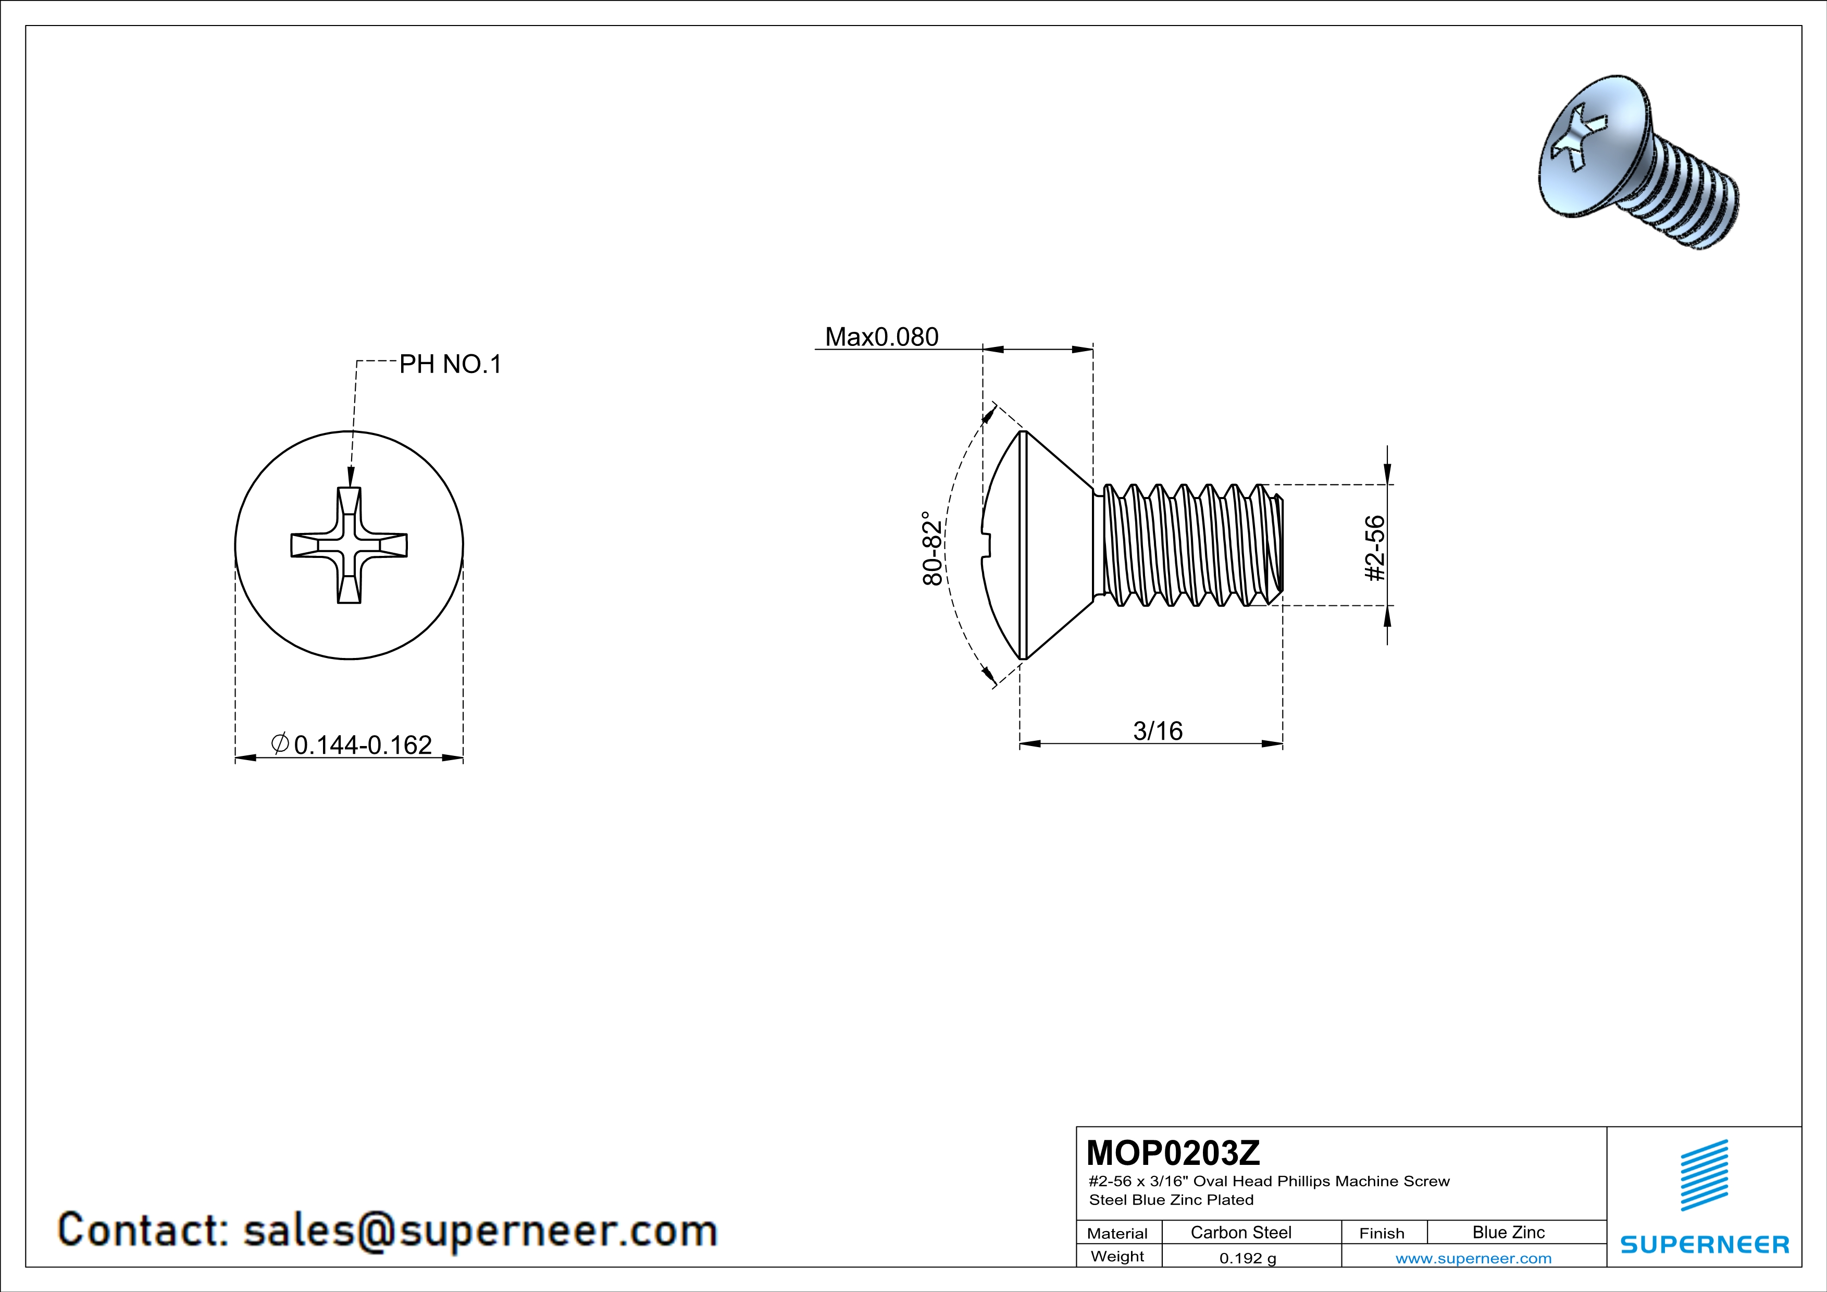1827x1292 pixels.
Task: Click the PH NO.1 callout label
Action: pyautogui.click(x=451, y=364)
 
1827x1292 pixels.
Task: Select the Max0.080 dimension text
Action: pyautogui.click(x=881, y=337)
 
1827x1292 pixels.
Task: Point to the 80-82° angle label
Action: pyautogui.click(x=932, y=549)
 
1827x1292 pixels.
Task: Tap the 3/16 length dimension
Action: pyautogui.click(x=1158, y=730)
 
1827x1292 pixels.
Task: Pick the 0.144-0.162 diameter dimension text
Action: pyautogui.click(x=363, y=744)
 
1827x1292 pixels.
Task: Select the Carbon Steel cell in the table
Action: pyautogui.click(x=1240, y=1232)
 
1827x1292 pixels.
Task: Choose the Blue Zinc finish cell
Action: pyautogui.click(x=1508, y=1232)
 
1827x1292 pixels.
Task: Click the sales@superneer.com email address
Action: pyautogui.click(x=480, y=1230)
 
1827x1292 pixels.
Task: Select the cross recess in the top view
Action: pyautogui.click(x=350, y=545)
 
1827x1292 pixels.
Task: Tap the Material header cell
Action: pyautogui.click(x=1117, y=1233)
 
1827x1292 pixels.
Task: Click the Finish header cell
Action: pyautogui.click(x=1382, y=1233)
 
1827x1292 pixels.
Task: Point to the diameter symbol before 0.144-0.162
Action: pyautogui.click(x=280, y=744)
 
